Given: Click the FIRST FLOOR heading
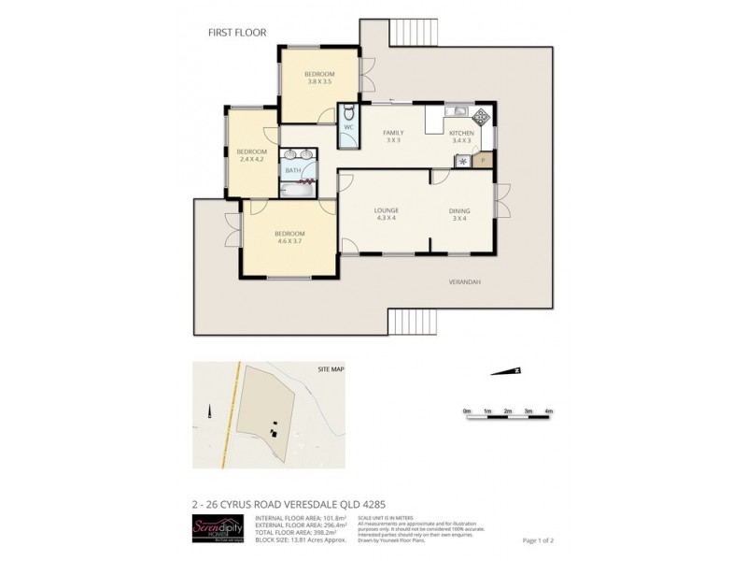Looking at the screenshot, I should [x=237, y=33].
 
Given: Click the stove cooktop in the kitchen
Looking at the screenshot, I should [x=481, y=118].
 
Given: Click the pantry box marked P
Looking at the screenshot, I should [x=483, y=160].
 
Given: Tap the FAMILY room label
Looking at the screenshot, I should [x=393, y=137].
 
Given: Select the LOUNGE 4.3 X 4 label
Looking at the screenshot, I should [x=386, y=214].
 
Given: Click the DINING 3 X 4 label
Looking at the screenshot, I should [x=460, y=214].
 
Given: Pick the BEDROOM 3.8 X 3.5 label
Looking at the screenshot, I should [x=320, y=79].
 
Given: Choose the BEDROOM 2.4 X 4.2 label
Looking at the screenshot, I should [x=251, y=155].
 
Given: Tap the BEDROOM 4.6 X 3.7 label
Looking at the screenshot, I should [x=289, y=237].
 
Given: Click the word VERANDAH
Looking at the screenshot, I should [x=464, y=281].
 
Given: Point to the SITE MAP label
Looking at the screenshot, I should [x=331, y=369].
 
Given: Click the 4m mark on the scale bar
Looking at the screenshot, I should [x=549, y=411].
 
